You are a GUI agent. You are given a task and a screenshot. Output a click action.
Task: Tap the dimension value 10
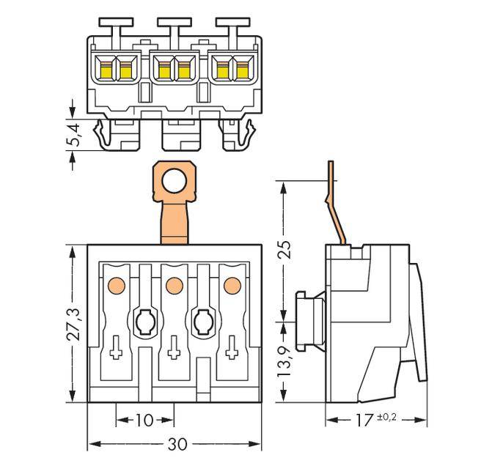click(144, 421)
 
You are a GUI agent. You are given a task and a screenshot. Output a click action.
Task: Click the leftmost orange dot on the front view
click(115, 285)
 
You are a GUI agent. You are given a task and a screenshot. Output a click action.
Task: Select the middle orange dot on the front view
click(174, 285)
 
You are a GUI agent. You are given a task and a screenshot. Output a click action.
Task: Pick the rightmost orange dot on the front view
click(232, 285)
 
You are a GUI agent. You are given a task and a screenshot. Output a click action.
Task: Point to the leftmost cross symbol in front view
click(116, 353)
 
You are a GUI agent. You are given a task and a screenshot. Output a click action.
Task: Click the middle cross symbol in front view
click(174, 353)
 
